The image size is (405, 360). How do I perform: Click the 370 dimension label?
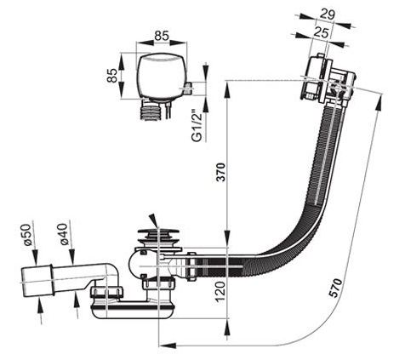tap(221, 172)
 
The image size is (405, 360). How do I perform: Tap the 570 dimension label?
tap(337, 289)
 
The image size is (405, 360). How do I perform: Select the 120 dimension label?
tap(221, 292)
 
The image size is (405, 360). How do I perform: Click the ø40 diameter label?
tap(63, 234)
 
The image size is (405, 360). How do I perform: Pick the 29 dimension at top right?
tap(328, 14)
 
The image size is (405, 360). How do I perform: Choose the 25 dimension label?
tap(321, 33)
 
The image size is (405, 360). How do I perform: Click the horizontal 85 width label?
tap(162, 36)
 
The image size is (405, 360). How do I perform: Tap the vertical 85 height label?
tap(112, 76)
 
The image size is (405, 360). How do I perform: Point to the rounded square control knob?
tap(162, 76)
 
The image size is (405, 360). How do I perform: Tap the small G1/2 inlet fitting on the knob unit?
tap(188, 89)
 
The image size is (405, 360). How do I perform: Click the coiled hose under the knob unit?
tap(151, 111)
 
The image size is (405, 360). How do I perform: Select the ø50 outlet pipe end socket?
tap(37, 281)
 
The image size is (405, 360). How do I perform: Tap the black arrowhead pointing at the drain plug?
tap(153, 220)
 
